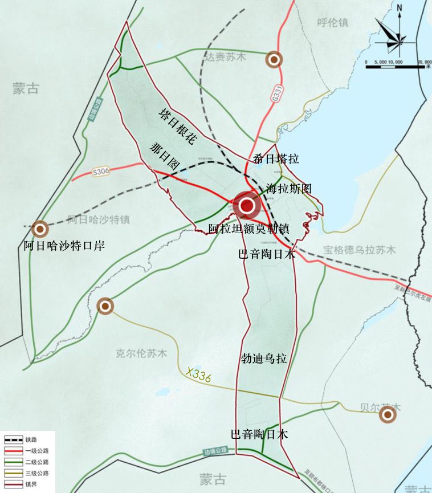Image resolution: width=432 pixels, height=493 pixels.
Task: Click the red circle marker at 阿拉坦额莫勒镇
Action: [247, 206]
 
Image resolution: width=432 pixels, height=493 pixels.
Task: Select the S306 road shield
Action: [101, 170]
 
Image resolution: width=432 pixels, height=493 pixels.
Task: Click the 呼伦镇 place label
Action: [332, 23]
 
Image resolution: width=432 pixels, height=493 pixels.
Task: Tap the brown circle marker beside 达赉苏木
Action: [274, 59]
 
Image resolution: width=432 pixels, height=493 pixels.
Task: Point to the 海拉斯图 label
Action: [290, 188]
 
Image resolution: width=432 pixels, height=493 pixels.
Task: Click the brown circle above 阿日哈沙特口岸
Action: [40, 229]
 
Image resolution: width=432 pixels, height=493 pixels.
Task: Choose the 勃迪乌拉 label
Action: [263, 359]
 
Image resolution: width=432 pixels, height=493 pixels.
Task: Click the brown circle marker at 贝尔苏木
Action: [388, 415]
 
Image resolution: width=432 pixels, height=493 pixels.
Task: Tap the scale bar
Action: [398, 66]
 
